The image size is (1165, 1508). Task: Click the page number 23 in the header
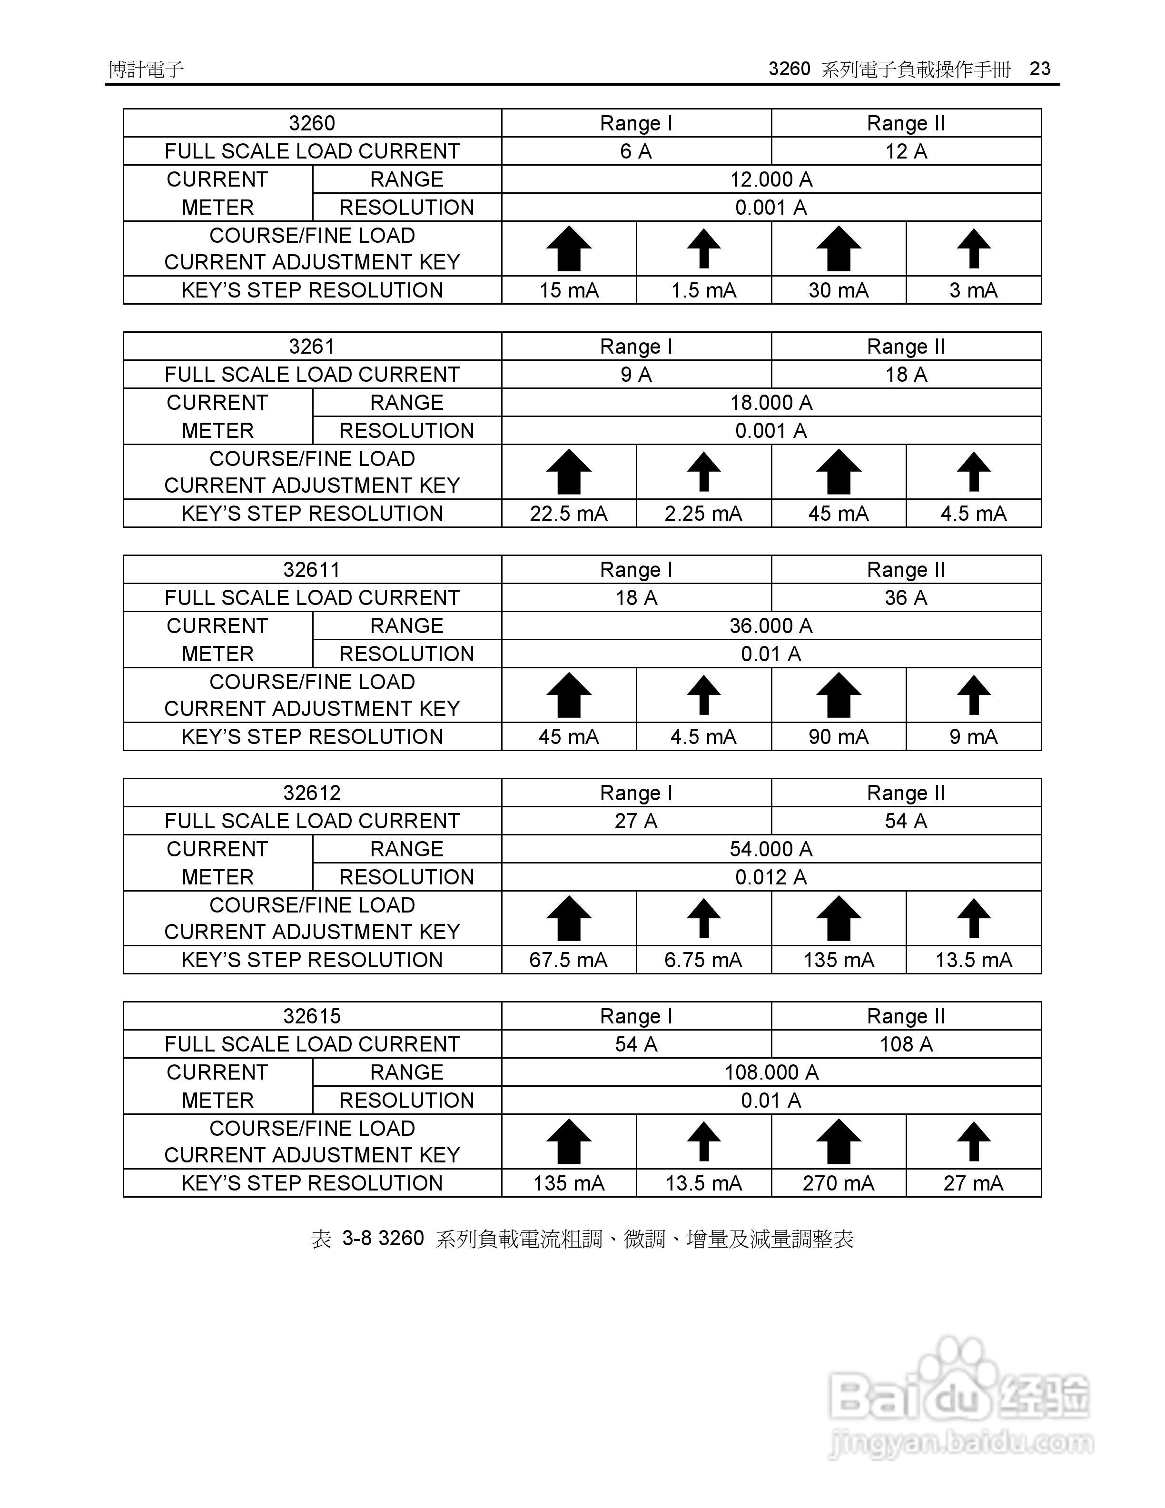coord(1039,69)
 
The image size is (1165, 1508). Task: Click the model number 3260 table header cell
coord(312,123)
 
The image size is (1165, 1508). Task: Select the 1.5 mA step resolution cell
coord(703,290)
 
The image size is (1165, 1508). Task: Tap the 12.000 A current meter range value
coord(771,179)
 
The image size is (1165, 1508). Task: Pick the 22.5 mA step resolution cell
coord(568,514)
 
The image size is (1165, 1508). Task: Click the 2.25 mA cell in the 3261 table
coord(703,514)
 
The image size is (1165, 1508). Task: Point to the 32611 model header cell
coord(312,570)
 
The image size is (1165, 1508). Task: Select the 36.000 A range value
coord(771,625)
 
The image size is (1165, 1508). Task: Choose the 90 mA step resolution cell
coord(839,737)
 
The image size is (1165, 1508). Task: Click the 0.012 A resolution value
coord(771,877)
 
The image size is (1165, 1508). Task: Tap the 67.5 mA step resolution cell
coord(568,960)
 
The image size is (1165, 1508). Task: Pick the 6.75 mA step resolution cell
coord(703,960)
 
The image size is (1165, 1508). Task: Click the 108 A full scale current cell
coord(906,1044)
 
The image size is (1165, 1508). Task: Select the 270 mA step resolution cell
coord(839,1183)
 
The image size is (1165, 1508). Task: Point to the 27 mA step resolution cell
coord(973,1183)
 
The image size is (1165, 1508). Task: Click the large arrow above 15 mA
coord(569,248)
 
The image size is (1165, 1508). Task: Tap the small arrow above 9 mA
coord(974,694)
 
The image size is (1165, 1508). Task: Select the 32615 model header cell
coord(312,1016)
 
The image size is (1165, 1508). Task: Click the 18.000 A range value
coord(771,403)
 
